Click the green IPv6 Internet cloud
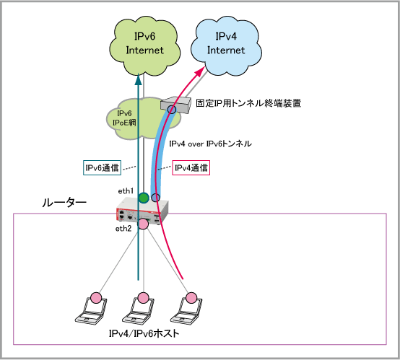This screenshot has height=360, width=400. (x=144, y=46)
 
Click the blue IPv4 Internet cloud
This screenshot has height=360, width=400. (x=226, y=46)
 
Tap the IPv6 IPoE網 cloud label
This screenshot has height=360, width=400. (x=124, y=118)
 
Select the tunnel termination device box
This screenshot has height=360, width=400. (x=176, y=105)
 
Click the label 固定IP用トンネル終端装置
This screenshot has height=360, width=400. (x=248, y=103)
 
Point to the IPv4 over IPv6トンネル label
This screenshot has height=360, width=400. (x=210, y=144)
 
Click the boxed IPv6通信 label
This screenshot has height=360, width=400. (x=102, y=168)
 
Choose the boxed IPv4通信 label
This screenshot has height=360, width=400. (x=191, y=168)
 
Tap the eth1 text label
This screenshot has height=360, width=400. (x=126, y=191)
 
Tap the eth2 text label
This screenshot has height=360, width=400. (x=123, y=229)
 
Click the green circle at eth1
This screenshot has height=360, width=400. (x=144, y=198)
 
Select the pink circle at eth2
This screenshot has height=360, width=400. (x=143, y=224)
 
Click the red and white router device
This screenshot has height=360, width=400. (x=142, y=211)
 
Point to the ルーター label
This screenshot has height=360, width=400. (x=64, y=203)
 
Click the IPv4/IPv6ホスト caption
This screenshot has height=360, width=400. (x=144, y=333)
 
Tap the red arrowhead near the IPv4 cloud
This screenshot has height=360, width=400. (x=200, y=71)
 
